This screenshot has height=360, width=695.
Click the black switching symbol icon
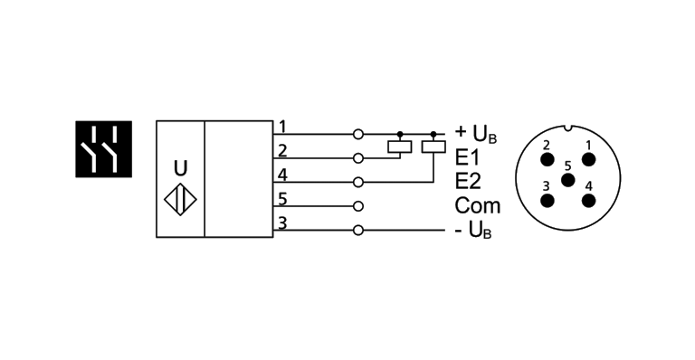(102, 147)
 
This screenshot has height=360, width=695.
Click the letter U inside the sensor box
(181, 168)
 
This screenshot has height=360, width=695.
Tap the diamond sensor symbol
(181, 199)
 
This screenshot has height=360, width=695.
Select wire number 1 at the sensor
(282, 126)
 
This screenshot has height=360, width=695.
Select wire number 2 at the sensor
(282, 150)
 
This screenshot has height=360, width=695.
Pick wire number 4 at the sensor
(282, 174)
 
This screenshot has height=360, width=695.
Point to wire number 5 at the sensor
(282, 198)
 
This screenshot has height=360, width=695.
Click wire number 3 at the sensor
(282, 223)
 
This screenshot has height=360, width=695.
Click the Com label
(477, 205)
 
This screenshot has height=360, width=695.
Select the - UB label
(472, 232)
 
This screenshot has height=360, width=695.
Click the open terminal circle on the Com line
(358, 206)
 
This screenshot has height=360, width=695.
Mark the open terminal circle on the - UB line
(358, 231)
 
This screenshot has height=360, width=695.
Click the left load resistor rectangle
(399, 146)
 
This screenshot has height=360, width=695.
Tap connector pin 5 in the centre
(567, 180)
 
